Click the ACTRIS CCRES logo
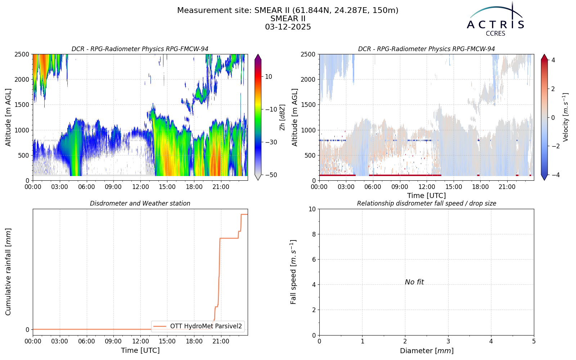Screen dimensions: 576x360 point(495,19)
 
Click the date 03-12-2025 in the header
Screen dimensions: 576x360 point(288,27)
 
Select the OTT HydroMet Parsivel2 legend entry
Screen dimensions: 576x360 point(198,326)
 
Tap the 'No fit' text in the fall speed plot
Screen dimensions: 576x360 point(414,282)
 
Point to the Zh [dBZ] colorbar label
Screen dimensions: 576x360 point(282,117)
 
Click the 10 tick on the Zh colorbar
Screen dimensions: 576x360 point(269,77)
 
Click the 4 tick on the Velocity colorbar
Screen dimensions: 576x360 point(553,60)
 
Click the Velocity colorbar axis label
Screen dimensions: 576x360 point(566,117)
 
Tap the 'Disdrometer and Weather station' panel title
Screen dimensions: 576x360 point(140,203)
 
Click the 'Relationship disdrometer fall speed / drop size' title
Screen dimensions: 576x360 point(427,203)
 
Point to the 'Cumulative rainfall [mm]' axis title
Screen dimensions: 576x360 point(8,272)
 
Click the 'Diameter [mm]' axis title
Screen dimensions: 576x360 point(427,351)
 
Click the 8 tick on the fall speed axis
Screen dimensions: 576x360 point(314,234)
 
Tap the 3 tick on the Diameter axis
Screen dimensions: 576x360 point(448,341)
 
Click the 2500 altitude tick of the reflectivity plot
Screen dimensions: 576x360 point(22,54)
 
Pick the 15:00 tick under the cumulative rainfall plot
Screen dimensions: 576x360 point(167,341)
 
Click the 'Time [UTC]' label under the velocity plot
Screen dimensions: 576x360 point(427,196)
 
